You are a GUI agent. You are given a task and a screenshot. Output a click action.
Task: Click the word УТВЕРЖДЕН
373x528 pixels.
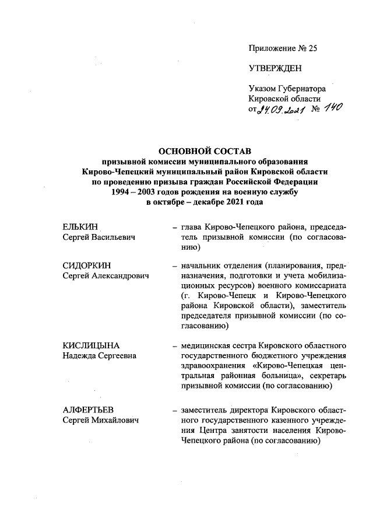[x=275, y=69]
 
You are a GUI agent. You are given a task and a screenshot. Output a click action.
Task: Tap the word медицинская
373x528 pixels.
[x=209, y=345]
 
